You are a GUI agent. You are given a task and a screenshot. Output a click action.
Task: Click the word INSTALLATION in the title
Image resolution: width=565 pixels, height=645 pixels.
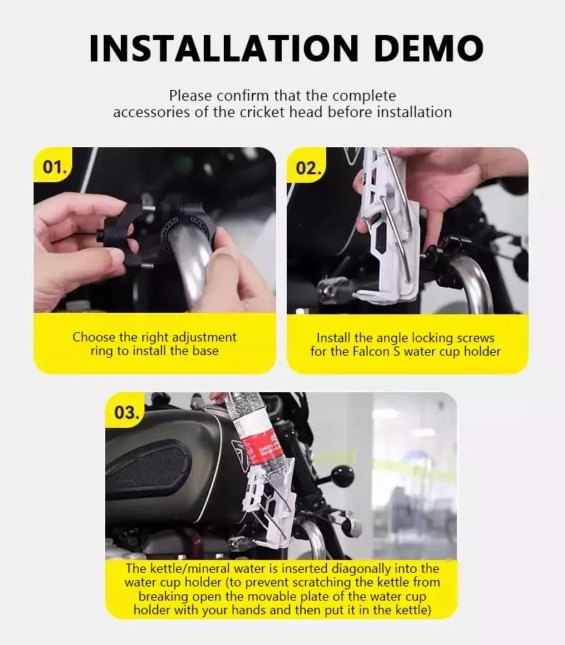224,49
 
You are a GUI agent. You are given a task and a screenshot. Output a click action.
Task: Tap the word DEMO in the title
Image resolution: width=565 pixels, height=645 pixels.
428,49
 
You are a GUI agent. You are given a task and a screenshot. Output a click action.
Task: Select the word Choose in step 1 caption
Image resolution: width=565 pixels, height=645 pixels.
94,337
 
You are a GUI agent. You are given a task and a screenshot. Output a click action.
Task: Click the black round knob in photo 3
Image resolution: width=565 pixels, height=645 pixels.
342,476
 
